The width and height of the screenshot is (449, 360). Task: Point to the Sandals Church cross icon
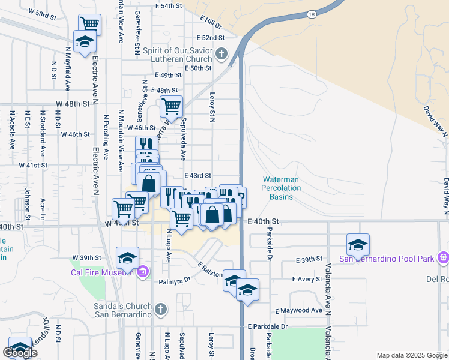tap(160, 309)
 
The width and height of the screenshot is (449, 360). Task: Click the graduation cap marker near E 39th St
tap(358, 245)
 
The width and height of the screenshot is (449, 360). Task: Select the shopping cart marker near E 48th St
tap(171, 107)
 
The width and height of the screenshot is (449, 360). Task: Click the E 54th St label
tap(167, 6)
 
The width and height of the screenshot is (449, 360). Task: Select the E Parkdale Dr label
tap(268, 326)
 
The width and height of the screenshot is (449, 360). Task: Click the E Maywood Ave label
tap(299, 311)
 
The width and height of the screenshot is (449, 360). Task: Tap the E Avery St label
tap(307, 279)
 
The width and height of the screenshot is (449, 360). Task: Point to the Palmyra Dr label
tap(175, 280)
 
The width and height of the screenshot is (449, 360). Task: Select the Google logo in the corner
tap(20, 353)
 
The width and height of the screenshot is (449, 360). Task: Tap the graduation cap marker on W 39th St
tap(127, 258)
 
